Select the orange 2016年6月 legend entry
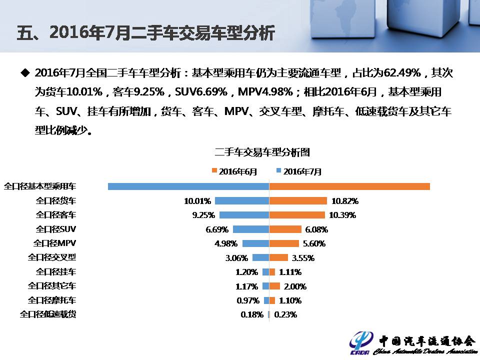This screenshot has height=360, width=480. tap(234, 171)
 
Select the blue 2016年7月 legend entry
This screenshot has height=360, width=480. tap(299, 171)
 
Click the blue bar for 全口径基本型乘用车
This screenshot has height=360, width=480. tap(188, 186)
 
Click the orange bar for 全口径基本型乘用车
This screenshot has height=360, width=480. tap(349, 186)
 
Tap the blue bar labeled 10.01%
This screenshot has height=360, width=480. tap(242, 201)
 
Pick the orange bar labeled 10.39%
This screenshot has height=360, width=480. tap(297, 215)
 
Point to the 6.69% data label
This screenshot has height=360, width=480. tap(217, 229)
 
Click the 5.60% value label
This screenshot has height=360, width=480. tap(314, 243)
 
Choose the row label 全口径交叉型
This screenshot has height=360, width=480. tap(52, 257)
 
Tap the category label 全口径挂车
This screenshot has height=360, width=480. tap(56, 272)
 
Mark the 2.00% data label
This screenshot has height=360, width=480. tap(295, 286)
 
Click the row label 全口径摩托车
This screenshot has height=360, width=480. tap(52, 300)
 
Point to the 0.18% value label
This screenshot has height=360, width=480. tap(252, 315)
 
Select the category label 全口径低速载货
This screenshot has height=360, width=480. tap(48, 314)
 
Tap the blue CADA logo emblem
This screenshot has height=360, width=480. tap(361, 342)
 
